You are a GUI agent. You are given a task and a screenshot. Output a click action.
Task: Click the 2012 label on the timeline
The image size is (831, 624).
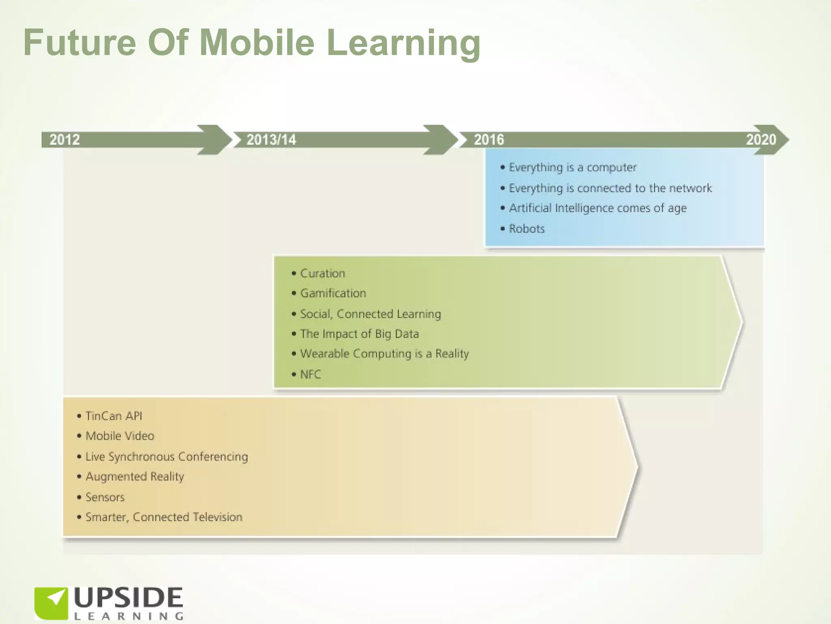(65, 140)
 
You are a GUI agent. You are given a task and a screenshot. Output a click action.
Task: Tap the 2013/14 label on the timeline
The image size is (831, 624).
(271, 140)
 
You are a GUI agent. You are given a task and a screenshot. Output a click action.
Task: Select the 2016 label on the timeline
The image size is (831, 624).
(489, 140)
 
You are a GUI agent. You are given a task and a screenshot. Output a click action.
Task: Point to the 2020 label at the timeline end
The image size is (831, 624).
(761, 140)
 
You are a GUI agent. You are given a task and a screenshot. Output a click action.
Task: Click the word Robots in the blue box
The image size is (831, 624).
(527, 229)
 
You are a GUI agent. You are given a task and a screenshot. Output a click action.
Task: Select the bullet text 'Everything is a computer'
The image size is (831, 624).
(573, 167)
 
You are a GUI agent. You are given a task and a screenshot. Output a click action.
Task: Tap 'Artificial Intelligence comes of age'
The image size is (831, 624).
(598, 208)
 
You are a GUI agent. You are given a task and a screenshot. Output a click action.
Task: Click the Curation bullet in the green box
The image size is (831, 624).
(323, 273)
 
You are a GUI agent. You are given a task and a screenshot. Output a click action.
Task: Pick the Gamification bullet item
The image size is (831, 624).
(333, 293)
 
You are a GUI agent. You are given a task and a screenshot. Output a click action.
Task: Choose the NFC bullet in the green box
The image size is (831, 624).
(310, 374)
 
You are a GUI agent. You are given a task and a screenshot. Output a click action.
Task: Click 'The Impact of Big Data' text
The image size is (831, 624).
(360, 334)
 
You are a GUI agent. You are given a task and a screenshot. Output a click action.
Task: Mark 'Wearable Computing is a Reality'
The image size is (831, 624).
(384, 354)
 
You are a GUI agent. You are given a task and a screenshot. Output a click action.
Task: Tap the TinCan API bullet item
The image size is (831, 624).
(114, 416)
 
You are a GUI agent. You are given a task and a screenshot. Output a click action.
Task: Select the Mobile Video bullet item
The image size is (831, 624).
(120, 436)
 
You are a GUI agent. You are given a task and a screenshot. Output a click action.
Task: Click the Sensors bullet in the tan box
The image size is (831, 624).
(105, 497)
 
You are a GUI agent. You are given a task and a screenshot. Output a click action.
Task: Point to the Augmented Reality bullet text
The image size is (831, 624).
(135, 477)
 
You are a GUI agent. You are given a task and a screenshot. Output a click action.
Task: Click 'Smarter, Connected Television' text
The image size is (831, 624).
(164, 517)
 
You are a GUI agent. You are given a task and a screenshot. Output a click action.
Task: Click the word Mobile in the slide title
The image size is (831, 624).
(257, 42)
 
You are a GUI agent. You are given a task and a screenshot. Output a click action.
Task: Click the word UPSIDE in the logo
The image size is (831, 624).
(128, 598)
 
